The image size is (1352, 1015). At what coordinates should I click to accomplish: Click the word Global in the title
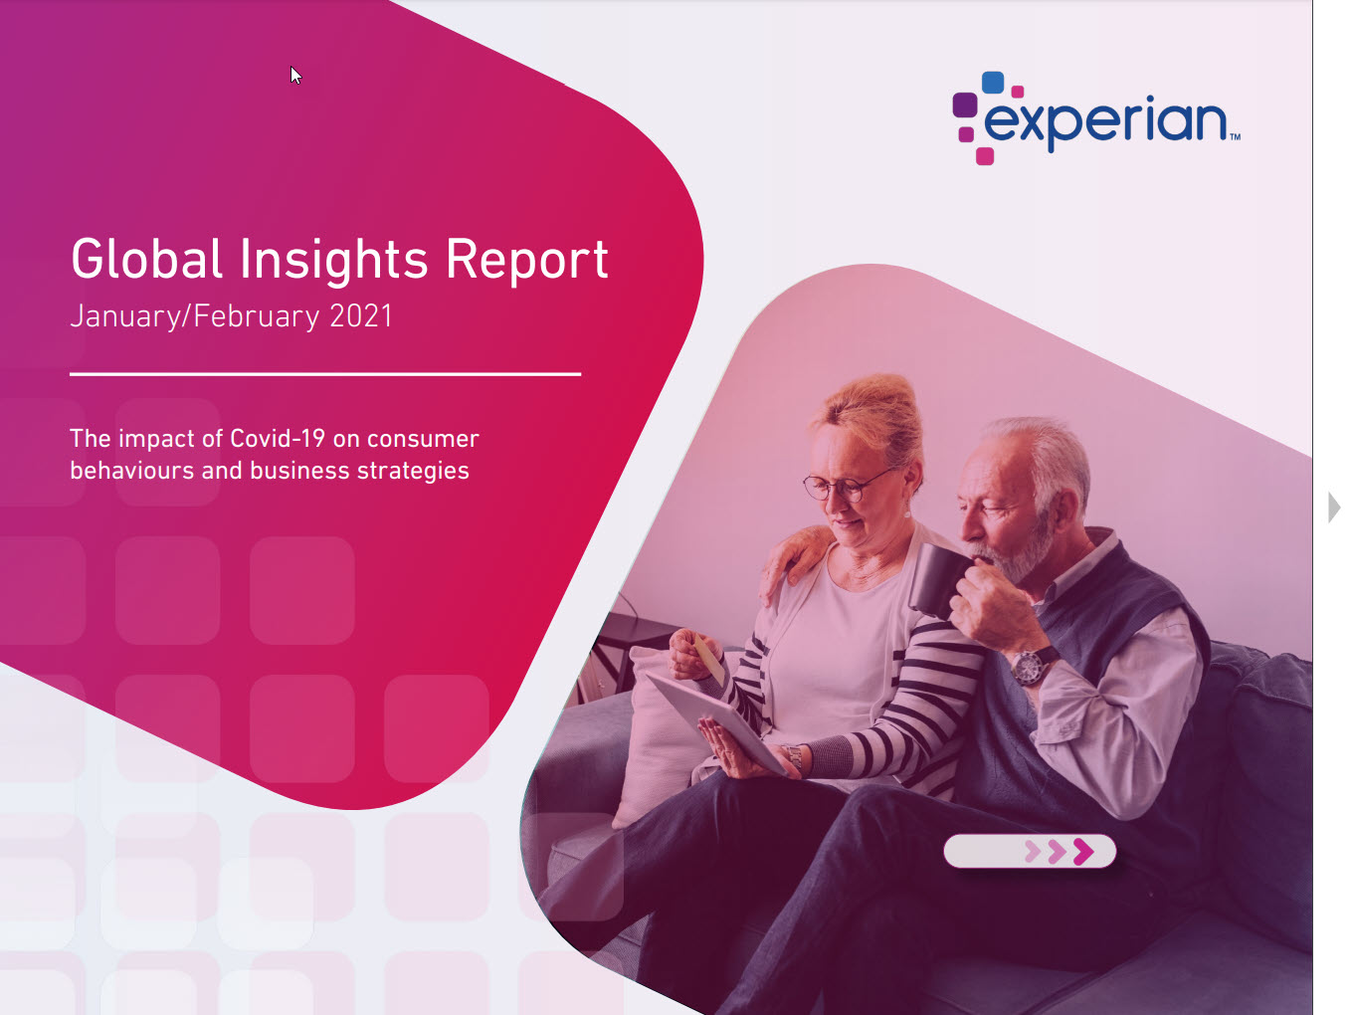click(x=146, y=259)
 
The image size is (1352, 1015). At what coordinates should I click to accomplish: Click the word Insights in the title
click(x=333, y=261)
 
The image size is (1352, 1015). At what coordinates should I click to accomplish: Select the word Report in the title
click(x=526, y=261)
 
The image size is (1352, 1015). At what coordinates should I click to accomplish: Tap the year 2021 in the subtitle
click(x=361, y=316)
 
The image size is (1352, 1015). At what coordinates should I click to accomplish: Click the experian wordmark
click(x=1106, y=121)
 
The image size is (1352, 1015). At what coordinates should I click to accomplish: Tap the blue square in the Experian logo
click(x=993, y=83)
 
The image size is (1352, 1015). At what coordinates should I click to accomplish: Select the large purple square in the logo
click(x=965, y=104)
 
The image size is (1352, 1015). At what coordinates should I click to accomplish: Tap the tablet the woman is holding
click(x=714, y=719)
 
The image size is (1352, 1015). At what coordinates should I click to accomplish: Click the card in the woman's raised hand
click(x=709, y=660)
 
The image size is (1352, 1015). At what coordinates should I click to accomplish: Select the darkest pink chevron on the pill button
click(x=1083, y=852)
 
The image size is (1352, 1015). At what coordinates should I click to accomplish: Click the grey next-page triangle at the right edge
click(x=1334, y=508)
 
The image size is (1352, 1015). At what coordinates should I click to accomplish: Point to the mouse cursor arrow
click(x=295, y=76)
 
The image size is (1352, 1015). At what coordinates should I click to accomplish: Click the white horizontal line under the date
click(x=325, y=374)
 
